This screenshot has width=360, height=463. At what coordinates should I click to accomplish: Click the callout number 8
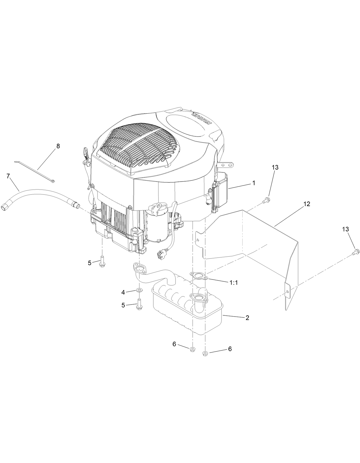point(58,146)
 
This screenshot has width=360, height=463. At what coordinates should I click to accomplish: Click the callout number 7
point(8,176)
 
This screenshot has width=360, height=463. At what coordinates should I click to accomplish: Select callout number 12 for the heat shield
point(307,204)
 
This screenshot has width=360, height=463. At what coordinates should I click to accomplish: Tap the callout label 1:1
point(234,283)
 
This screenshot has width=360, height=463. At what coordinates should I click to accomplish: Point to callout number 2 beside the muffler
point(247,318)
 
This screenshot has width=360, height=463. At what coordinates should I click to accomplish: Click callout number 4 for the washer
point(123,292)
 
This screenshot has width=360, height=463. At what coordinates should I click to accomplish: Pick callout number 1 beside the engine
point(253,183)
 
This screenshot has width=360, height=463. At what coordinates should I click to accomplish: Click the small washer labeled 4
point(139,290)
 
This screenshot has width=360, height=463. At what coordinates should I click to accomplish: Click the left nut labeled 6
point(193,349)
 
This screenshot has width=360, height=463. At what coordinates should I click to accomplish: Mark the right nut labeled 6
point(205,354)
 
